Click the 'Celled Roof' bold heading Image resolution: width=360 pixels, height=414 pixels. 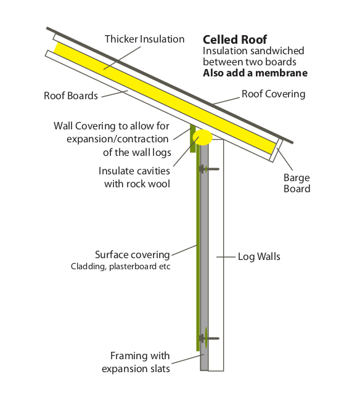point(235,39)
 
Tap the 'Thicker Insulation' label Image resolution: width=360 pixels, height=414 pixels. point(144,39)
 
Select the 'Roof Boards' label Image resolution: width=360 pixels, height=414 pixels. point(71,95)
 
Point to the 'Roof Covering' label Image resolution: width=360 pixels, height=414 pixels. point(273,94)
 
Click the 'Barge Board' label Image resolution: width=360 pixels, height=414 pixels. point(297,183)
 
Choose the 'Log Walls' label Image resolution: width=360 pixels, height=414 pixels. point(259,257)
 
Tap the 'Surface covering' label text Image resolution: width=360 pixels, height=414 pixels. point(133,255)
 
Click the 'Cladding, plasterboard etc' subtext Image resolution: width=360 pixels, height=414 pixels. point(120,266)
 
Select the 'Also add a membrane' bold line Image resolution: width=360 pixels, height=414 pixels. point(255,73)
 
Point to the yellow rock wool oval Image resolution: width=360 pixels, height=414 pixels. point(202,137)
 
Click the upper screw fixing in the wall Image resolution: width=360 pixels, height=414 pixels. point(209,169)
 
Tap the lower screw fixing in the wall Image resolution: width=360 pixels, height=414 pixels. point(209,338)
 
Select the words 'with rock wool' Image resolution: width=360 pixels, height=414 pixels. point(137,184)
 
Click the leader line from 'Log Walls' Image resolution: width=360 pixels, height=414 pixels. point(226,257)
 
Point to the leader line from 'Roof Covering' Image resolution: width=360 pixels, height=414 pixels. point(227,100)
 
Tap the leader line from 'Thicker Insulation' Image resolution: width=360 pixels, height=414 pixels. point(122,58)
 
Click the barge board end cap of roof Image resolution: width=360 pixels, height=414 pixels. point(276,150)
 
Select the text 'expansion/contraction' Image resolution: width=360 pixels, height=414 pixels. point(118,139)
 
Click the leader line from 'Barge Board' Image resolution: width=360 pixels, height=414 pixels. point(285,160)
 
